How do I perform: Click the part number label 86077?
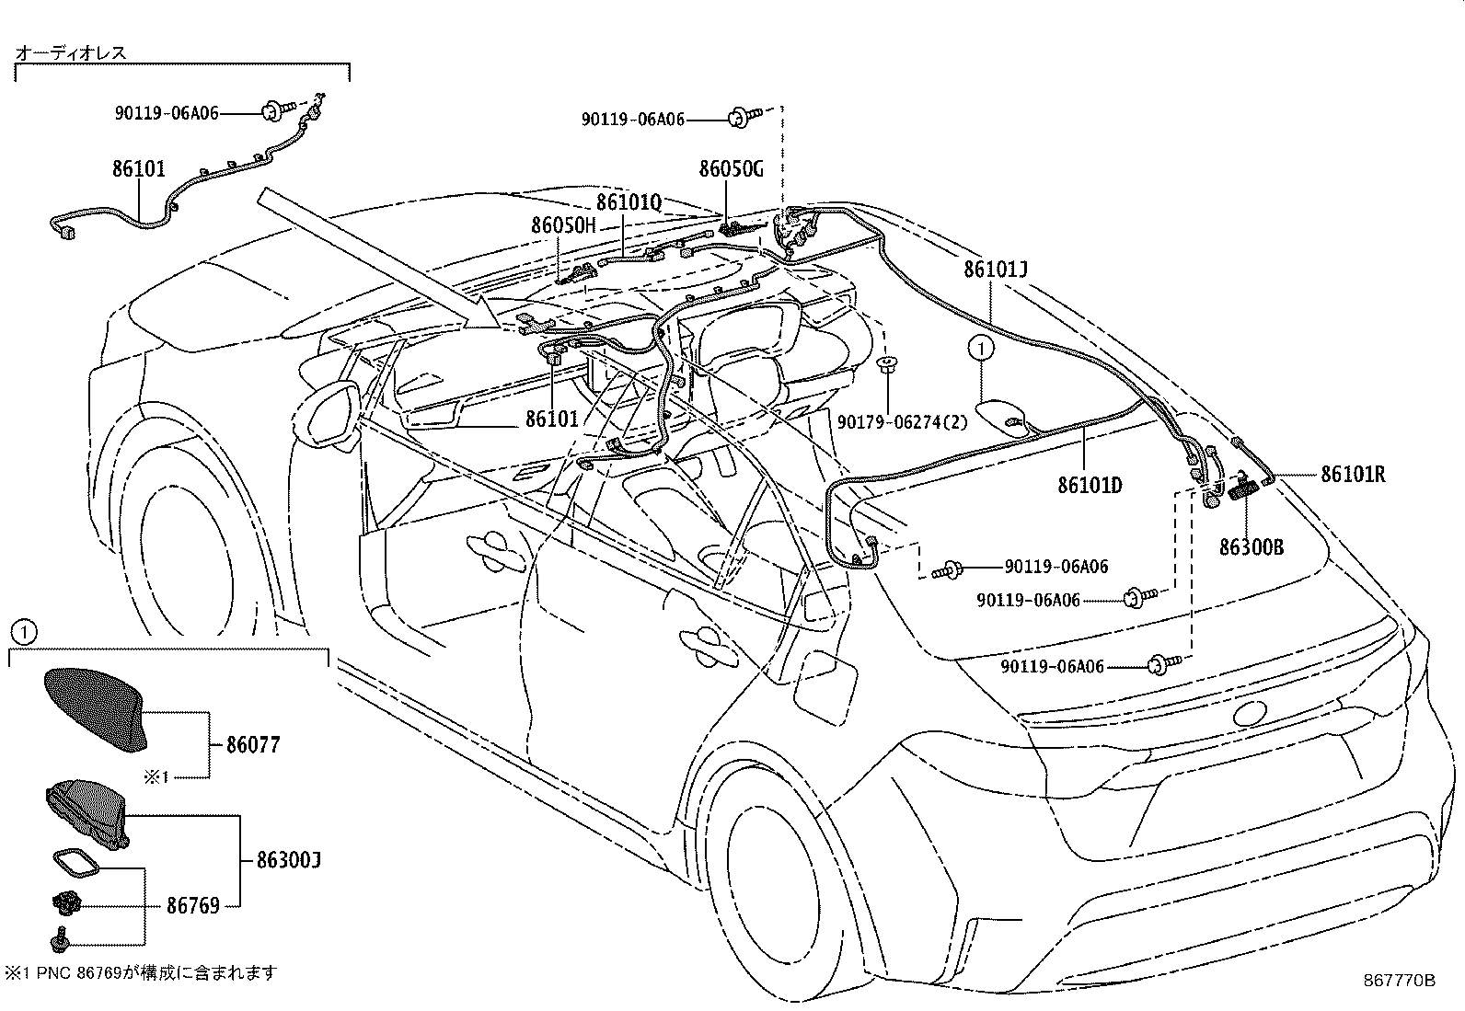[252, 744]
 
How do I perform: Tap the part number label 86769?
[192, 906]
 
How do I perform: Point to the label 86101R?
[1353, 475]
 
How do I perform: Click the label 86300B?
[1251, 547]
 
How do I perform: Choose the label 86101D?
[1090, 485]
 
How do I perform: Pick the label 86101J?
[996, 270]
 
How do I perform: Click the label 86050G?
[731, 169]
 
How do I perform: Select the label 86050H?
[563, 225]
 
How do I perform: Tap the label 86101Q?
[629, 202]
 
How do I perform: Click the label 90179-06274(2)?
[903, 421]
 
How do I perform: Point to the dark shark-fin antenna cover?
[93, 704]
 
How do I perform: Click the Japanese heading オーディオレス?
[71, 52]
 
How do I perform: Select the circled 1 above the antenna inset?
[25, 632]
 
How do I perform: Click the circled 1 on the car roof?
[981, 349]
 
